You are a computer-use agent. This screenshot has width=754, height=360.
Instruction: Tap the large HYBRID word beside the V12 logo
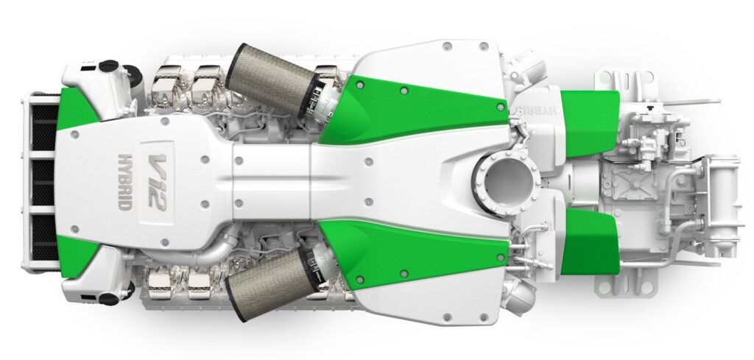[125, 181]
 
